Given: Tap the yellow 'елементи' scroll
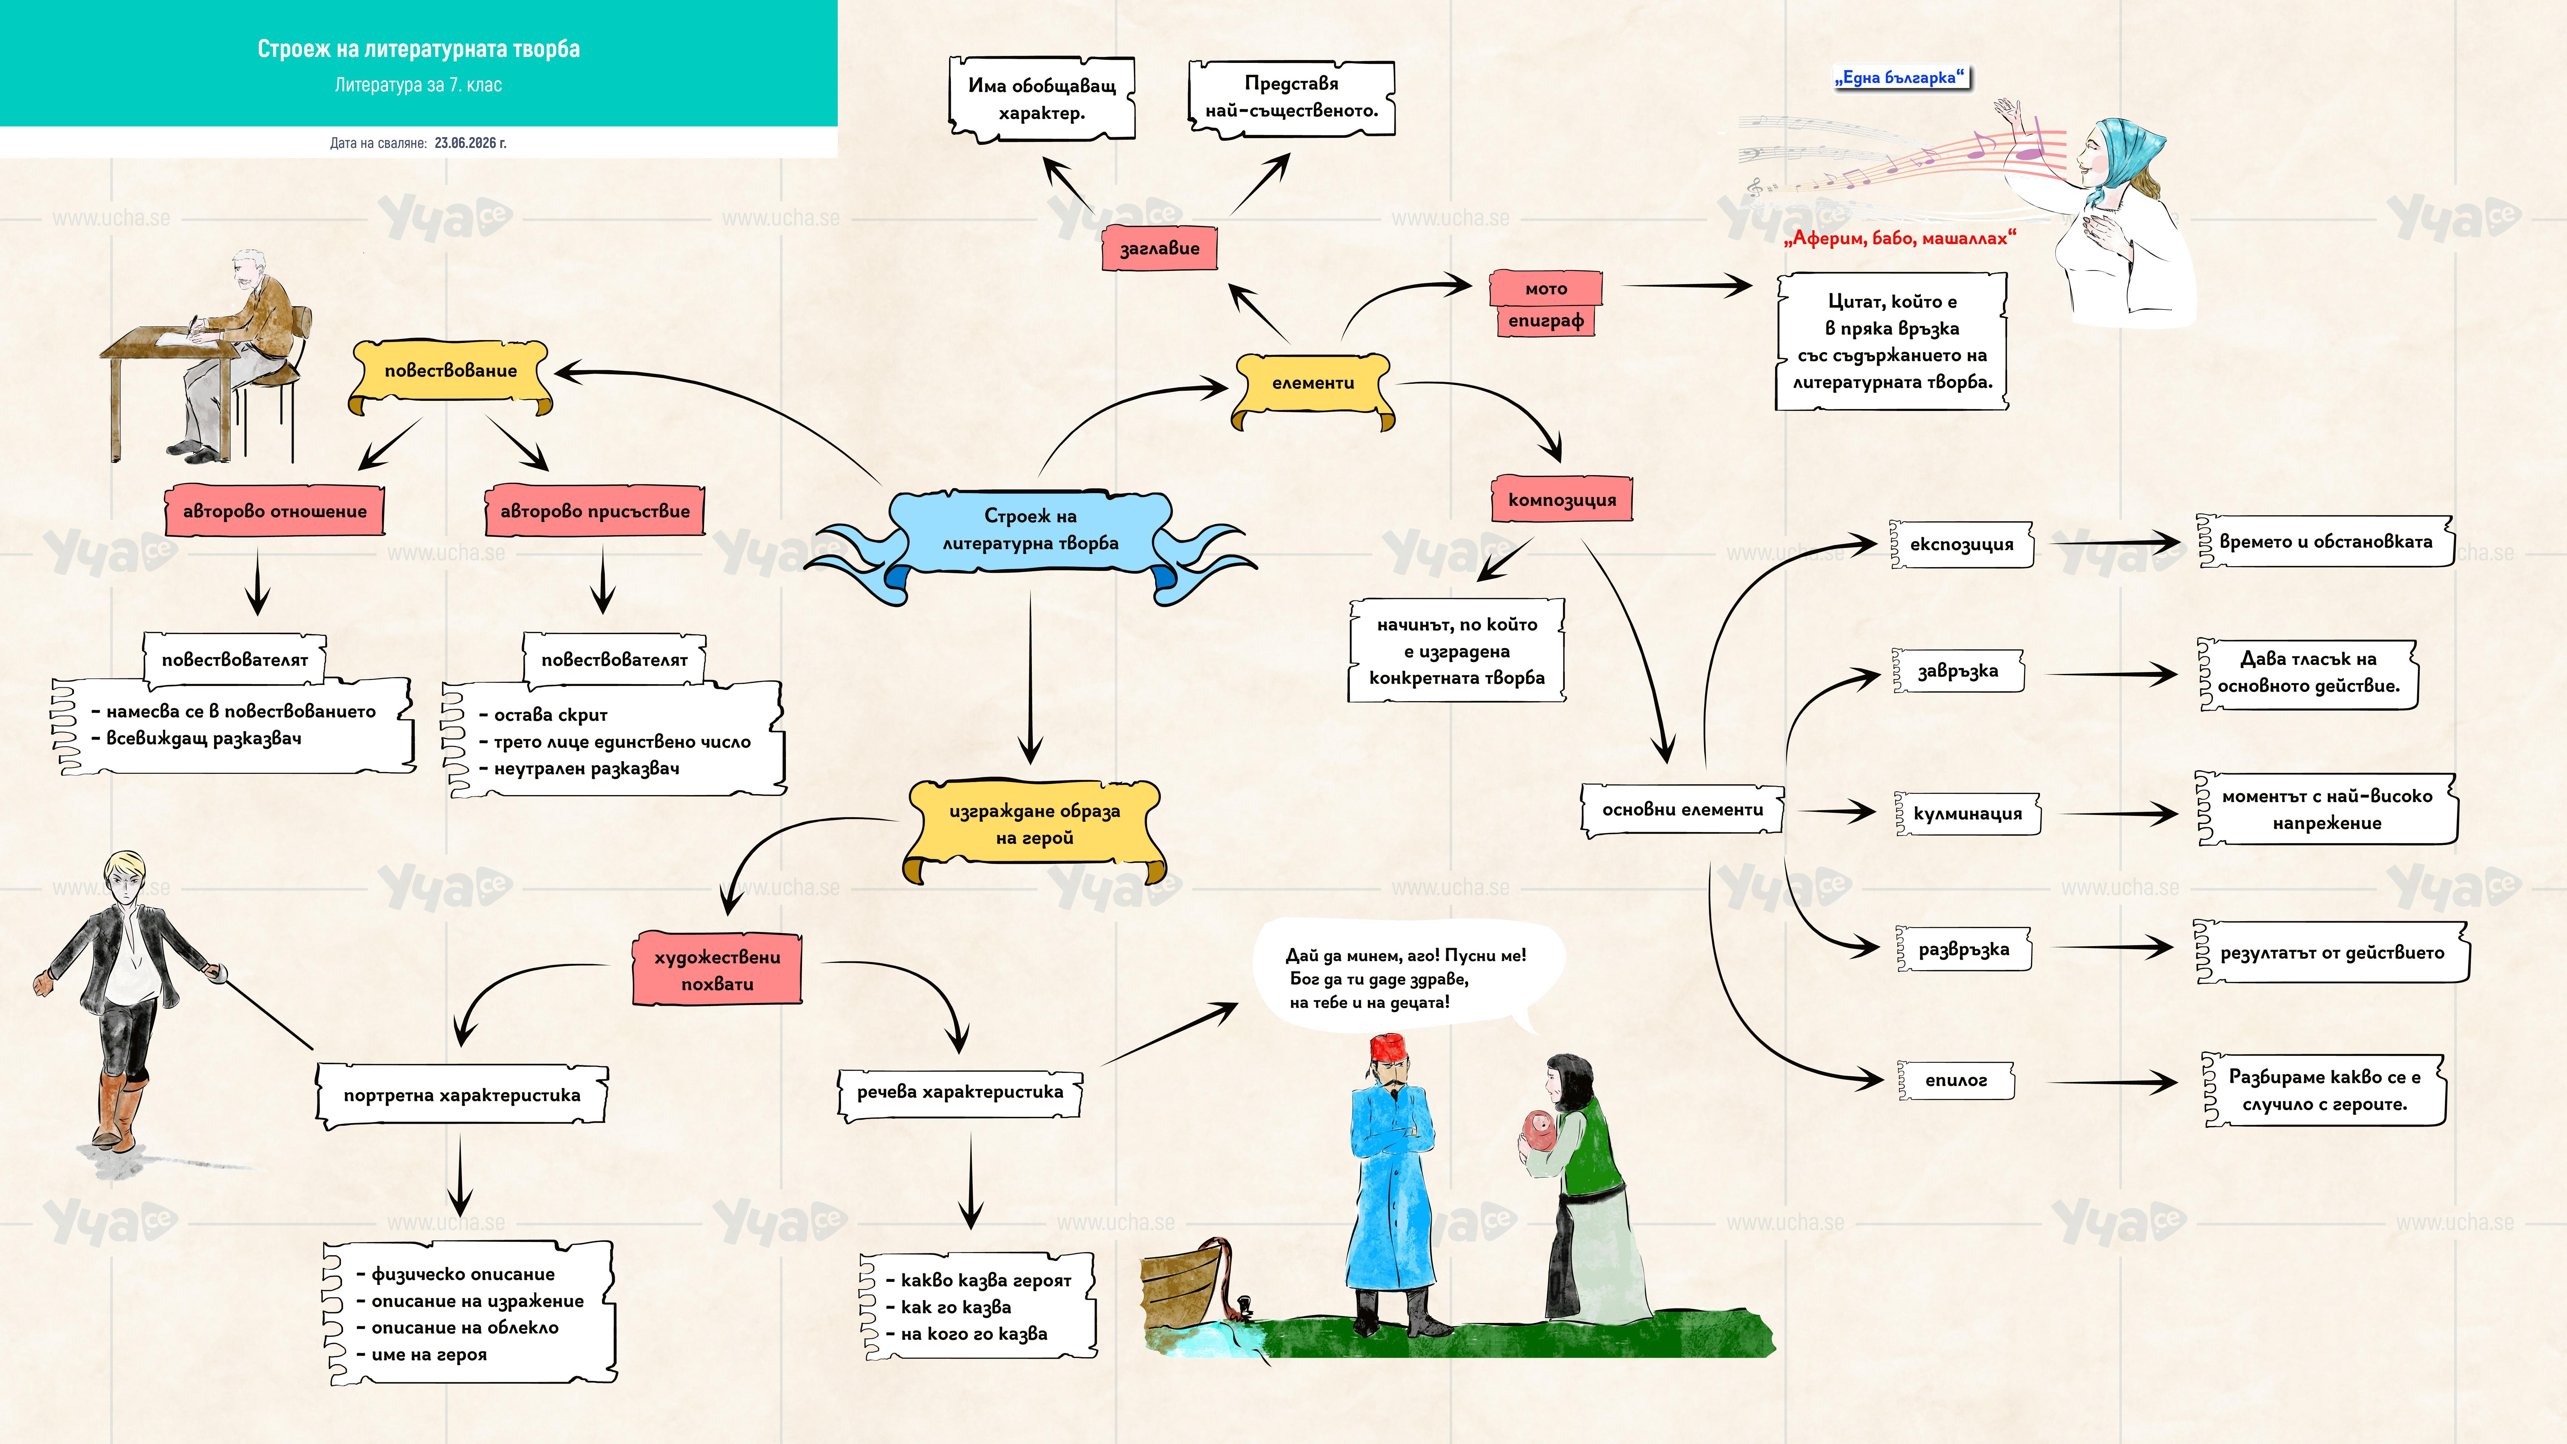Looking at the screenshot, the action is [1314, 387].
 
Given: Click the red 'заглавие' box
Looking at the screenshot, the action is [1160, 248].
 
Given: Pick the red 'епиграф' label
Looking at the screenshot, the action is [1546, 321].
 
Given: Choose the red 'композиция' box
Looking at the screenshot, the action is [1561, 499].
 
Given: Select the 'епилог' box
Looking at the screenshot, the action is [1956, 1080].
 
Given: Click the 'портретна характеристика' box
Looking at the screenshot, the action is [461, 1095].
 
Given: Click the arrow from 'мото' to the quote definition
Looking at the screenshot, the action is [1687, 286].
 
